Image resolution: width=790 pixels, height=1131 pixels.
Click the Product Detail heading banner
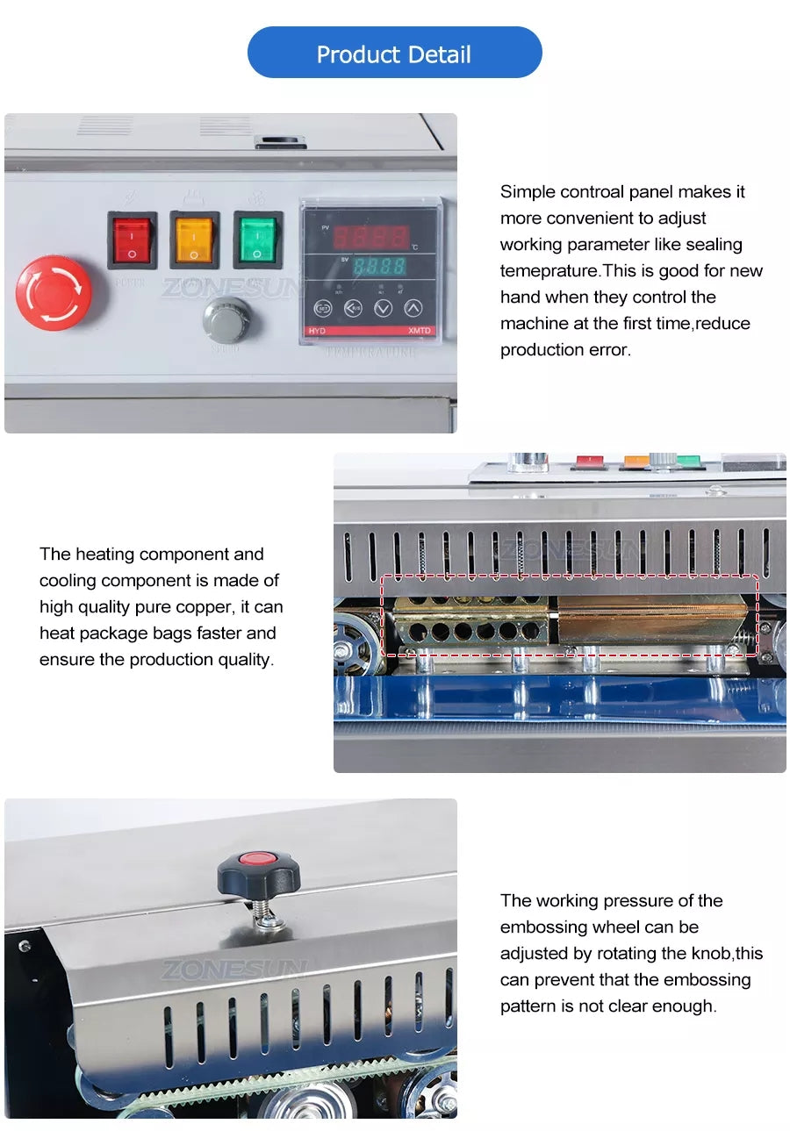pyautogui.click(x=394, y=53)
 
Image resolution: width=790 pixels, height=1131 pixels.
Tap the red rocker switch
pyautogui.click(x=132, y=240)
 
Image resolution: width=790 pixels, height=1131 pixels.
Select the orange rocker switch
pyautogui.click(x=195, y=240)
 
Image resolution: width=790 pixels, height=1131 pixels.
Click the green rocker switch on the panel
pyautogui.click(x=257, y=240)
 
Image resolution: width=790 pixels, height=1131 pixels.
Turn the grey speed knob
pyautogui.click(x=226, y=319)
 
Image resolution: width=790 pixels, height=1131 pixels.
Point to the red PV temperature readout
pyautogui.click(x=370, y=237)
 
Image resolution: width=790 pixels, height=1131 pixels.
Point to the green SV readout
pyautogui.click(x=379, y=266)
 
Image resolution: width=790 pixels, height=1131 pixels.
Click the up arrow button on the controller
pyautogui.click(x=413, y=307)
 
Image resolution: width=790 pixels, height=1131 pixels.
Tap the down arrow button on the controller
pyautogui.click(x=383, y=307)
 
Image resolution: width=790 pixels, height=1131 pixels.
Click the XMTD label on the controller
pyautogui.click(x=420, y=331)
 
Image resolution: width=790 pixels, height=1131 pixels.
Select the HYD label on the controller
pyautogui.click(x=317, y=331)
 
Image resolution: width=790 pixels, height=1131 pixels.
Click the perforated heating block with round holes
pyautogui.click(x=470, y=620)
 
